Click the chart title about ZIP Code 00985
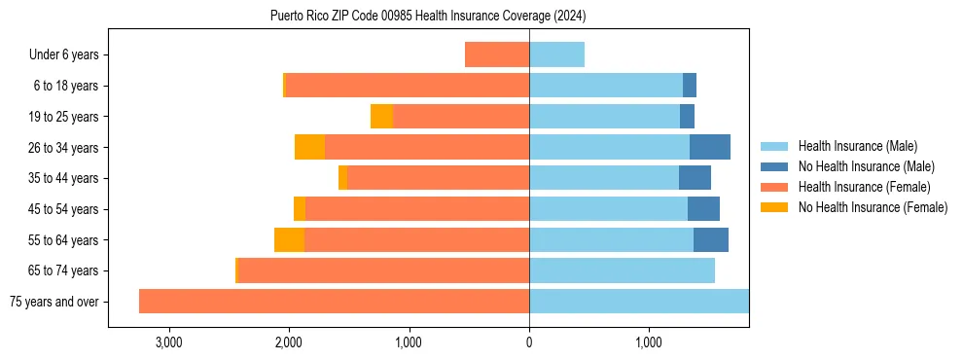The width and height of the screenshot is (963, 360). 428,17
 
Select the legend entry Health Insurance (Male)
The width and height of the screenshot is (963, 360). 857,146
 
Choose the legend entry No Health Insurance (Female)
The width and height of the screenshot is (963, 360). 873,207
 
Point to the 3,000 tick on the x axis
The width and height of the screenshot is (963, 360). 168,342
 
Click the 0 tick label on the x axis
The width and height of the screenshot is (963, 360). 529,342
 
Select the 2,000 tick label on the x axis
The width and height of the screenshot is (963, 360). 289,342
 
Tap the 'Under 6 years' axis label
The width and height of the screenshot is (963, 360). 63,54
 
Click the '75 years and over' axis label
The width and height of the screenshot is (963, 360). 53,302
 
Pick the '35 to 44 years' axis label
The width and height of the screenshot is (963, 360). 65,178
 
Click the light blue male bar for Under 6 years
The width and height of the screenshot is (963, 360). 556,54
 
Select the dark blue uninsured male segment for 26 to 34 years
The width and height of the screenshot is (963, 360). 710,147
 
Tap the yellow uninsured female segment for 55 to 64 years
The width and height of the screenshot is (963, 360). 289,239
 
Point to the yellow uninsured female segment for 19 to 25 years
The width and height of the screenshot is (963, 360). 381,117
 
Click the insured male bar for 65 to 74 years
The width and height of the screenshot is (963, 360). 622,270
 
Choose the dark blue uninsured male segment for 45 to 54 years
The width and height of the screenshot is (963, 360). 703,209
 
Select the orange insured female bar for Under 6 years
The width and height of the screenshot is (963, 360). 497,54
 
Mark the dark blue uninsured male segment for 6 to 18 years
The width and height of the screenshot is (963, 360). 690,86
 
